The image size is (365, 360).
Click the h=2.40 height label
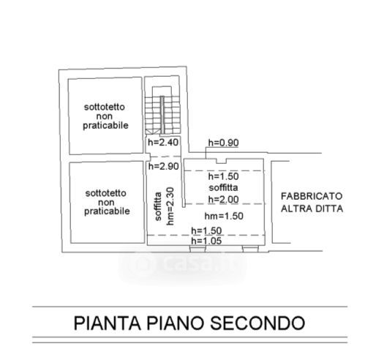coord(163,142)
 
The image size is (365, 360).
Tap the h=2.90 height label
coord(164,166)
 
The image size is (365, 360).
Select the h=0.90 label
coord(223,143)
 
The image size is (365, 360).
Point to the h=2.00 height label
coord(223,200)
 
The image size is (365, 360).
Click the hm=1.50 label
coord(224,216)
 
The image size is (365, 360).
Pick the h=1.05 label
coord(206,241)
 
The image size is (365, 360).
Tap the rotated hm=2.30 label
coord(170,206)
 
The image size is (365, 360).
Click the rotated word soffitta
coord(158,206)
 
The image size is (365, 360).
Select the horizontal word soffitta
coord(223,187)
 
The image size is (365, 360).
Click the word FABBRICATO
coord(312,196)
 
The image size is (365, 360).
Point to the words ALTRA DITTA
coord(312,209)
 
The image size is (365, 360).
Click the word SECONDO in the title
coord(257,323)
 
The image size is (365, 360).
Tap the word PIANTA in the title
coord(108,323)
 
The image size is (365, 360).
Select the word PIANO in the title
coord(176,323)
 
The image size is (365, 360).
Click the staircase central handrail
coord(162,115)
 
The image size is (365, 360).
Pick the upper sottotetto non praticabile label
coord(105,116)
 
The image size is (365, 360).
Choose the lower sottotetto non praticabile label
coord(107,202)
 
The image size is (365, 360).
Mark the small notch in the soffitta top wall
coord(221,161)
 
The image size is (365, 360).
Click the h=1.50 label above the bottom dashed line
coord(206,230)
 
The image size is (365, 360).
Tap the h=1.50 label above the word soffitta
coord(223,176)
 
